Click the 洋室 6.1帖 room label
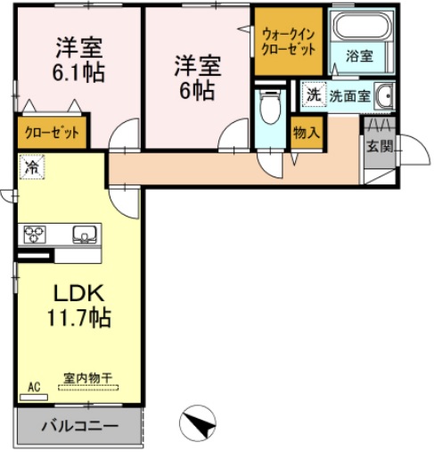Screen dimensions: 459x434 coord(78,59)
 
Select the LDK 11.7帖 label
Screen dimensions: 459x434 coord(78,304)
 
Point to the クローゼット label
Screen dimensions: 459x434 coord(52,133)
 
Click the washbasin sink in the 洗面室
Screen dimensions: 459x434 coord(384,94)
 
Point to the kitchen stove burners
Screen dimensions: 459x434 coord(36,235)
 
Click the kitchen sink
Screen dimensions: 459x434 coord(86,235)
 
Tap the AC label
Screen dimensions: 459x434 coord(34,386)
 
